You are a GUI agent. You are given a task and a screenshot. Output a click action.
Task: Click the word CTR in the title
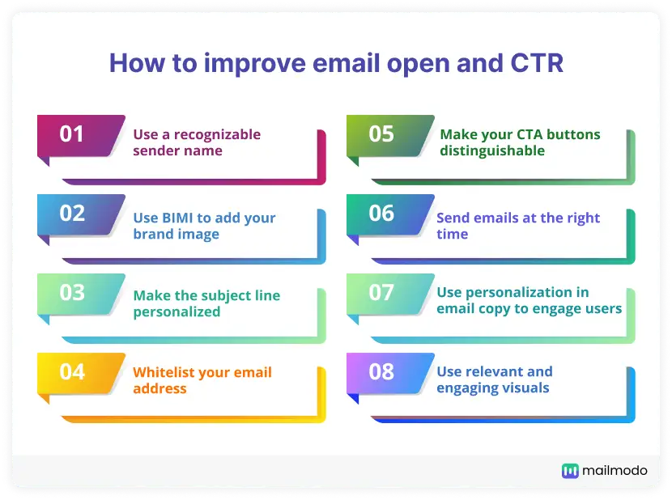coord(537,63)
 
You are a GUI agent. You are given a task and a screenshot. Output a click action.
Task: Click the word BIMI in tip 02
coord(177,218)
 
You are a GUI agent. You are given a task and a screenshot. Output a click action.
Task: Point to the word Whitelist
coord(165,372)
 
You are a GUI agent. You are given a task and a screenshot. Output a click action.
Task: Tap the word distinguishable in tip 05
coord(492,150)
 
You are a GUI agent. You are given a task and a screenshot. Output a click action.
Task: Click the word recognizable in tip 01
coord(217,134)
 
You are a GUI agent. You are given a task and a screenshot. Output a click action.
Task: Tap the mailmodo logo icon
coord(570,470)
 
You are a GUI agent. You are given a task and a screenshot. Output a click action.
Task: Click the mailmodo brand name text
coord(615,470)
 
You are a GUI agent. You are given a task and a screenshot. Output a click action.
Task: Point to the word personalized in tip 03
coord(177,312)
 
